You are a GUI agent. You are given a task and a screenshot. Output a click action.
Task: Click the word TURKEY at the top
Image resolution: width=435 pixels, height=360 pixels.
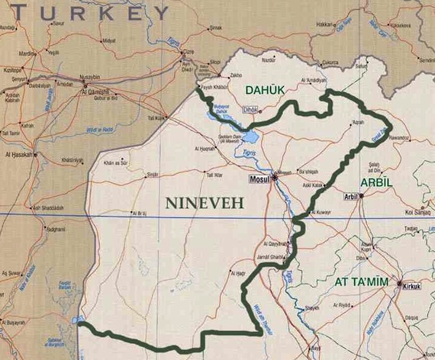pyautogui.click(x=85, y=12)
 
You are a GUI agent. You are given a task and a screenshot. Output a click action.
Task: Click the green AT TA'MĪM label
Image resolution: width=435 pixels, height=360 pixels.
pyautogui.click(x=362, y=282)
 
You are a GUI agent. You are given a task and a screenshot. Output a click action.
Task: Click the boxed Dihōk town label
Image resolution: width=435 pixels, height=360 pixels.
pyautogui.click(x=250, y=111)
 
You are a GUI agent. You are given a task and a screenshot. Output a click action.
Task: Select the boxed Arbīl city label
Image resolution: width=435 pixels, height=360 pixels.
pyautogui.click(x=350, y=196)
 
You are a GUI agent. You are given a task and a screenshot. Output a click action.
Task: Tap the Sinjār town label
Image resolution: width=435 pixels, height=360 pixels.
pyautogui.click(x=153, y=174)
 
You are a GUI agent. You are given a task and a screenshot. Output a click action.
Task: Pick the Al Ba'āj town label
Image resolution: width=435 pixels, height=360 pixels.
pyautogui.click(x=137, y=213)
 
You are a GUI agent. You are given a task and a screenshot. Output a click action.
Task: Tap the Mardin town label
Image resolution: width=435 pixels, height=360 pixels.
pyautogui.click(x=28, y=54)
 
